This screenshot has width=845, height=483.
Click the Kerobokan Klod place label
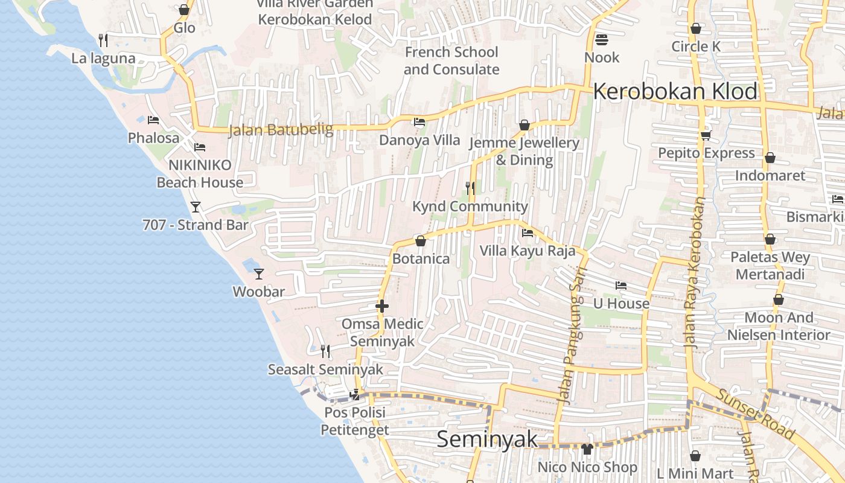tap(675, 92)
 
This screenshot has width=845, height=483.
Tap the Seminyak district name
tap(486, 439)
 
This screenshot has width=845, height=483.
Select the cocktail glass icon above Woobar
tap(259, 274)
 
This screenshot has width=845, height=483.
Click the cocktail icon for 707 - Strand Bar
tap(196, 207)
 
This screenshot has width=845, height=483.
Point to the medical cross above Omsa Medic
tap(381, 306)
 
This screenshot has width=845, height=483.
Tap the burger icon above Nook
tap(601, 40)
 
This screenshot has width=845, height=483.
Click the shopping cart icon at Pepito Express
tap(706, 135)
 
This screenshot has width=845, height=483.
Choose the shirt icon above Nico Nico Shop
tap(587, 449)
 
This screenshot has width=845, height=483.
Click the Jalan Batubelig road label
tap(281, 130)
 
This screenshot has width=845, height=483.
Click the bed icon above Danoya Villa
tap(419, 122)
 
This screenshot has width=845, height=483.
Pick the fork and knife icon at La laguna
tap(103, 40)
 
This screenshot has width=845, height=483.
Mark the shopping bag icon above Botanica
tap(421, 241)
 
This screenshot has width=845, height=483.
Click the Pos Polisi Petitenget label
tap(354, 421)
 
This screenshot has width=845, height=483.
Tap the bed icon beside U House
tap(620, 286)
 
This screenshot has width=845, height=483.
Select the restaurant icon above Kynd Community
tap(470, 188)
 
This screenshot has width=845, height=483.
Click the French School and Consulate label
tap(451, 60)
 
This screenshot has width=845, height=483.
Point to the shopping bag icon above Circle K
tap(696, 28)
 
